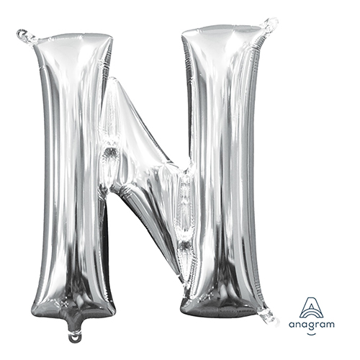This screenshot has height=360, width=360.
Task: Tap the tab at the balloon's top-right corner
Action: [270, 25]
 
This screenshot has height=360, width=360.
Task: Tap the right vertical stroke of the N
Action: [223, 168]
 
